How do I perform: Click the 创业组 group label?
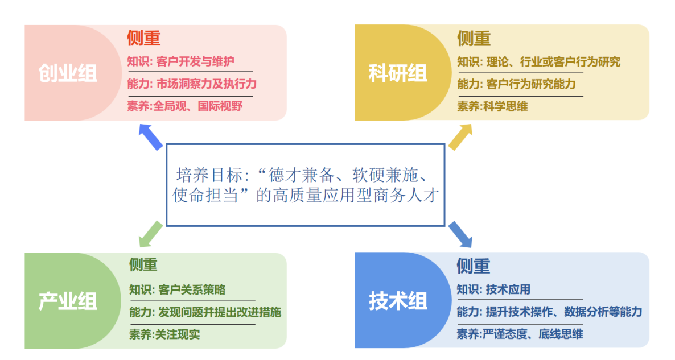(68, 73)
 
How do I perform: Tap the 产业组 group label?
(68, 301)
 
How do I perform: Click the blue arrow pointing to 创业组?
(151, 138)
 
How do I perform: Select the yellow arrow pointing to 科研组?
(460, 138)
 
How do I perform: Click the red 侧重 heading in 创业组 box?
(143, 38)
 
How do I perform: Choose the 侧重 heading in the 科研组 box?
(474, 38)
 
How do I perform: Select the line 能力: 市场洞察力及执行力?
(192, 84)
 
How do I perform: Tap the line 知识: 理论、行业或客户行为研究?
(538, 61)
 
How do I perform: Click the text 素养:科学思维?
(492, 106)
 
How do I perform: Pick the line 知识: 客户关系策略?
(177, 289)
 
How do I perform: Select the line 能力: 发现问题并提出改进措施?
(205, 312)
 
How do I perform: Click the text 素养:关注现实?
(164, 334)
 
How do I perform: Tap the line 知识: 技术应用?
(493, 289)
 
